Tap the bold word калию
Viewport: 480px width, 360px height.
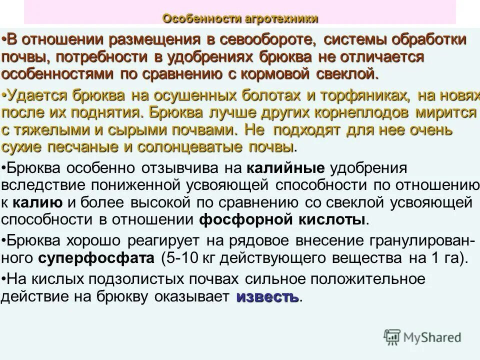37,202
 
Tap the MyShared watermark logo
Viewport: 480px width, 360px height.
422,337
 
